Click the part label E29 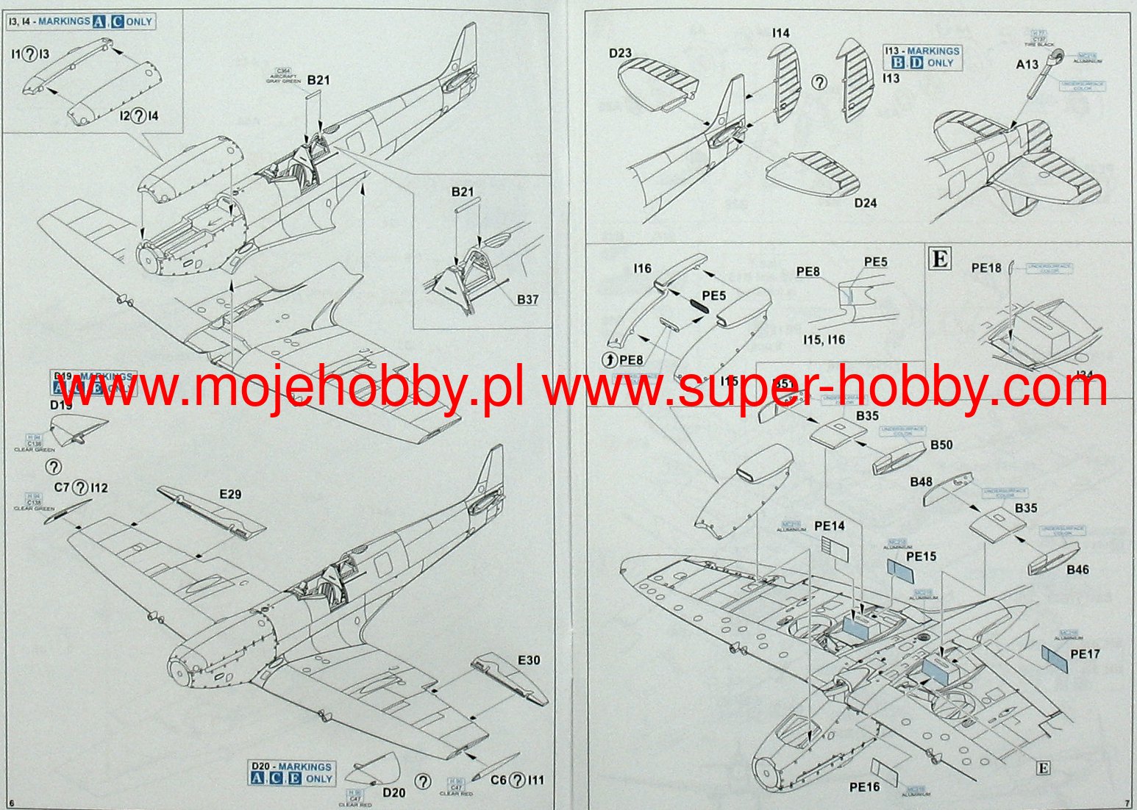tap(230, 495)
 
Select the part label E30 tap(529, 660)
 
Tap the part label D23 tap(620, 53)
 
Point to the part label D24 tap(866, 203)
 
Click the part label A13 tap(1027, 64)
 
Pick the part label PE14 tap(830, 526)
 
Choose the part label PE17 tap(1085, 653)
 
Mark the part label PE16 tap(864, 787)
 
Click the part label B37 tap(527, 299)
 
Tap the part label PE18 tap(986, 268)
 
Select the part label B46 tap(1077, 570)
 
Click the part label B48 tap(921, 482)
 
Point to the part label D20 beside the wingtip tap(393, 792)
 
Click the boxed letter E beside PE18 tap(941, 259)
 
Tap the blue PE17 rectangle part tap(1055, 659)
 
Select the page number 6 tap(12, 802)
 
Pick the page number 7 tap(1127, 802)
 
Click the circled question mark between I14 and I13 tap(819, 82)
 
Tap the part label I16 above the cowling tap(642, 269)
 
